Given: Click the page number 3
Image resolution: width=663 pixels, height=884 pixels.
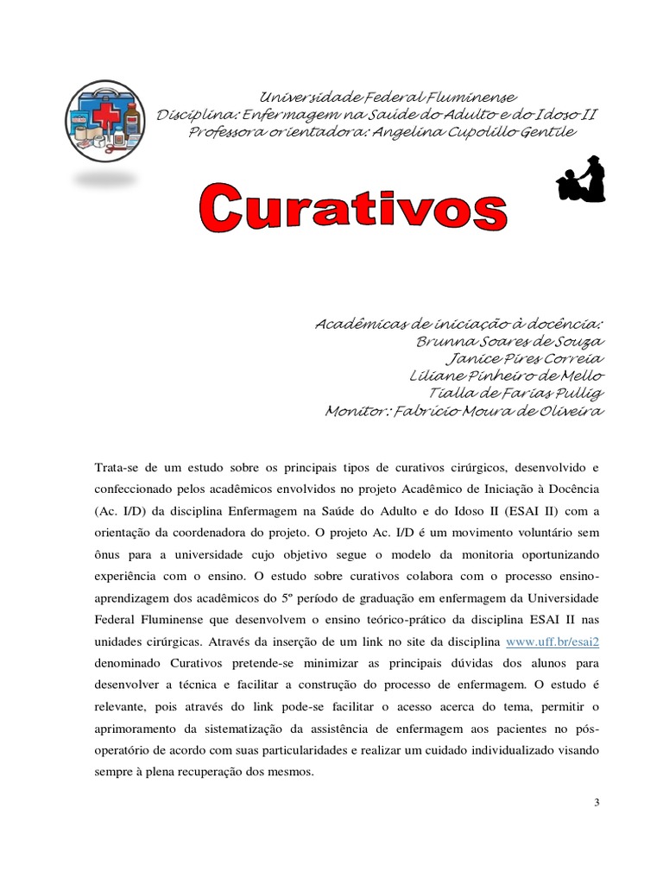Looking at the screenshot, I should [596, 803].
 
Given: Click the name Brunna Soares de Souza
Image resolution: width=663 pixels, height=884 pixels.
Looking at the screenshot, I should [509, 342].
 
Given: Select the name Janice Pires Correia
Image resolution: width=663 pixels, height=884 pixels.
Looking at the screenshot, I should [524, 359].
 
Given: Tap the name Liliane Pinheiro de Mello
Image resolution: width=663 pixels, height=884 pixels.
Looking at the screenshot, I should [508, 376].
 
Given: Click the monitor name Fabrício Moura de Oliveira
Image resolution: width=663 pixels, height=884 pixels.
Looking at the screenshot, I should [497, 411].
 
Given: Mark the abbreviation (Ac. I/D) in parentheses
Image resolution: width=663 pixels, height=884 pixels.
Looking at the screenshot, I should [122, 510].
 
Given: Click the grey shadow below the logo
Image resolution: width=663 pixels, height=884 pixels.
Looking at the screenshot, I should [105, 180].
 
